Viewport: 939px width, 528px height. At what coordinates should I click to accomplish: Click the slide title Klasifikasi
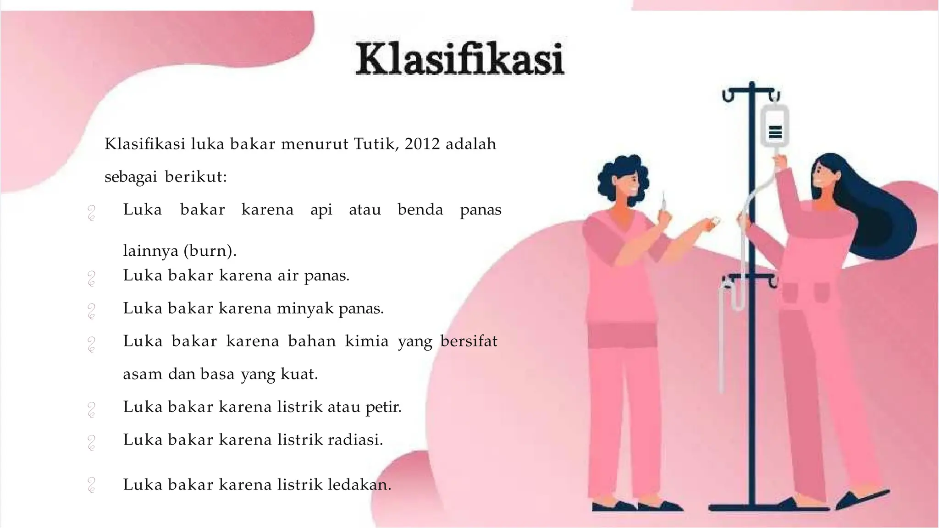click(460, 59)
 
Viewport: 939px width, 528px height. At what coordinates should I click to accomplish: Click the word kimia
click(366, 341)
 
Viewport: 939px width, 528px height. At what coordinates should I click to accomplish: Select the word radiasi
click(355, 440)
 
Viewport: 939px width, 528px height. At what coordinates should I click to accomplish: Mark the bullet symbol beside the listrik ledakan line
click(91, 485)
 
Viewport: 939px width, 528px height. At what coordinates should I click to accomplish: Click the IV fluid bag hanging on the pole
click(775, 126)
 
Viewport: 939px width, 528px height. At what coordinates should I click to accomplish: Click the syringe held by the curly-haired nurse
click(663, 202)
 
